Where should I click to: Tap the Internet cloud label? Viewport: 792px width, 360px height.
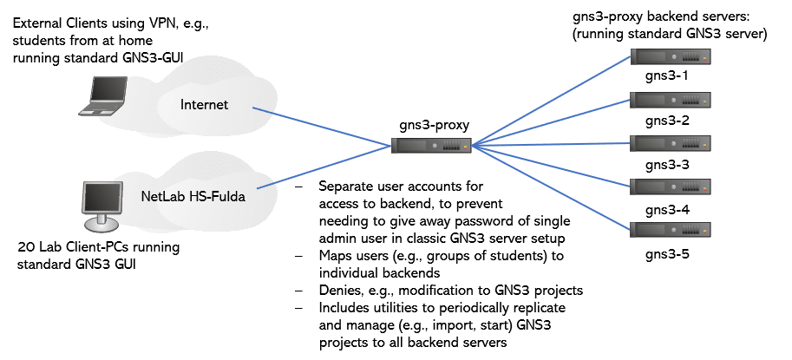[204, 105]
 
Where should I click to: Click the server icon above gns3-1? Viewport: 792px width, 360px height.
[670, 58]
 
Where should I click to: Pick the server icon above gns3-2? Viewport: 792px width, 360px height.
[670, 101]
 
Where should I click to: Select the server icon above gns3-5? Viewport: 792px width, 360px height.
[670, 231]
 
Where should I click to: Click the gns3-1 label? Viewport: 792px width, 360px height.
[666, 76]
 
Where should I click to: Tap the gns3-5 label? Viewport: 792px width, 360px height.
[666, 254]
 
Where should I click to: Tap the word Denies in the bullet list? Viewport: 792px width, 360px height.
[340, 289]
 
